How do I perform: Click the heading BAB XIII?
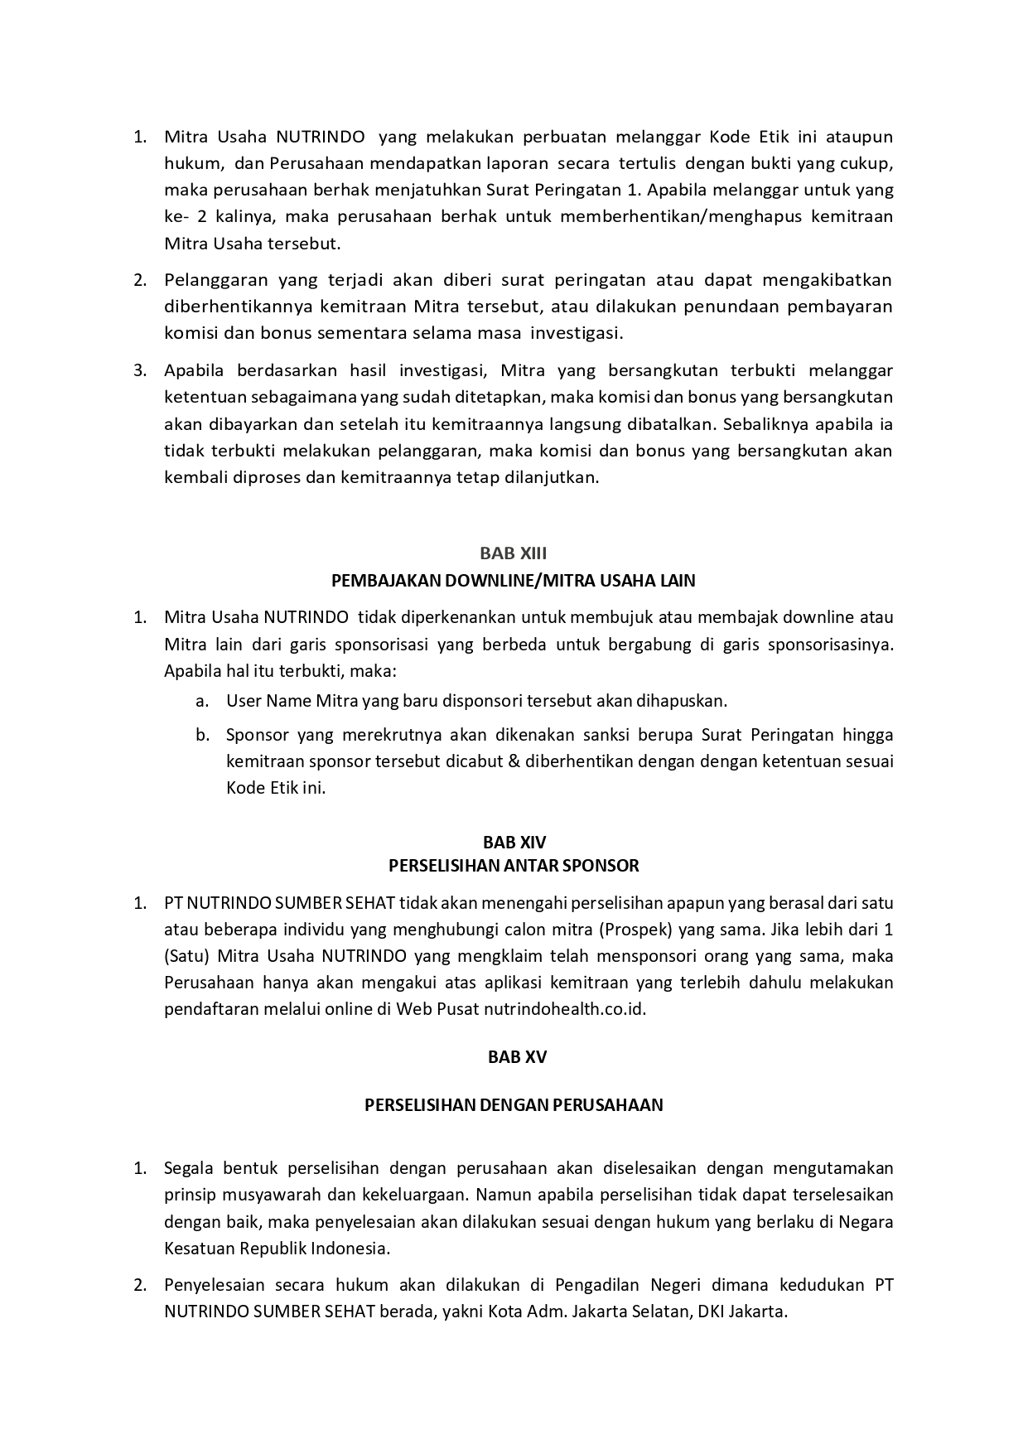(513, 553)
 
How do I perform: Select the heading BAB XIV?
(514, 843)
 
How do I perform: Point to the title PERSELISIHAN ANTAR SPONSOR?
(514, 866)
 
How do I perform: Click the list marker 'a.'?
(202, 701)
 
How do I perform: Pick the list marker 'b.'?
(202, 735)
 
